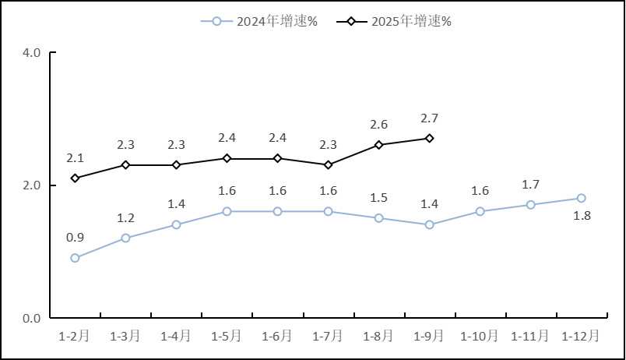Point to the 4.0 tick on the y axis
(x=32, y=53)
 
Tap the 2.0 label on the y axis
(x=32, y=185)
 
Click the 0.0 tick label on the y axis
(x=32, y=318)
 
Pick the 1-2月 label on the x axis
(x=75, y=336)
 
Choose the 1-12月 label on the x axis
(x=581, y=336)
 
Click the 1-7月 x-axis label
(x=328, y=336)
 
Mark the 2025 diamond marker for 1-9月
(x=429, y=138)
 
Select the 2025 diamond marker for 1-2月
(x=75, y=178)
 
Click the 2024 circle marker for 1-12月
(x=581, y=198)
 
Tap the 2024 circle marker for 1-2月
(x=75, y=258)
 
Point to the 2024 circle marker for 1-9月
(x=429, y=224)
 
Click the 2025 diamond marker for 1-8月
(x=378, y=145)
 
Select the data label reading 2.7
(x=429, y=118)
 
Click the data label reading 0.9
(x=75, y=238)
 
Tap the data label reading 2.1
(x=75, y=158)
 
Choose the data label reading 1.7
(x=530, y=185)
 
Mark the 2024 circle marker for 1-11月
(x=530, y=205)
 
